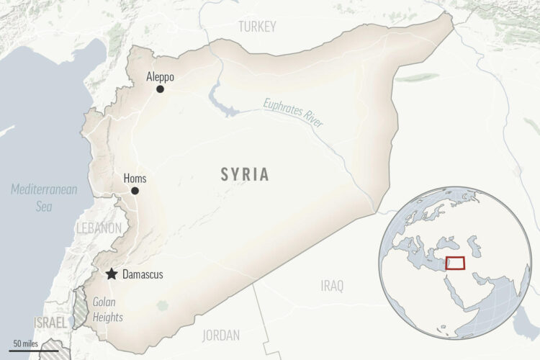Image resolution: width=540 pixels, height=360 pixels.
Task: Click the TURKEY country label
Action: point(257,27)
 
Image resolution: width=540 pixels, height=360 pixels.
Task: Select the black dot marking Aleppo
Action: point(160,89)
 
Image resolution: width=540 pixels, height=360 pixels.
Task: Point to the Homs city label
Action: point(135,177)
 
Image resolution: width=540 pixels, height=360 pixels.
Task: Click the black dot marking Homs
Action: point(135,191)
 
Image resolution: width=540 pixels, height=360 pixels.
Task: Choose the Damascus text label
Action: point(143,274)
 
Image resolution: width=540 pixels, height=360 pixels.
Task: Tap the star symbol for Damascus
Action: point(112,274)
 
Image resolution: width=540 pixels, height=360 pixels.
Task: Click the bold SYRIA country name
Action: point(245,174)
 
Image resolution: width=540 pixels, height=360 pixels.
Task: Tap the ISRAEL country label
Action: point(50,322)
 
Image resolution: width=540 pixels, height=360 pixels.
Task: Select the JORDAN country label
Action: point(222,335)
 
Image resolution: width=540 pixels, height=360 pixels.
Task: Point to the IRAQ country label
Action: point(332,286)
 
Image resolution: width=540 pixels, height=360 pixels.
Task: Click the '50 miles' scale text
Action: point(26,342)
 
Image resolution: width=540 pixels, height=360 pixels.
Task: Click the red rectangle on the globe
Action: point(455,263)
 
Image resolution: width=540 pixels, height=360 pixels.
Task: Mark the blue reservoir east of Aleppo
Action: point(221,101)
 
